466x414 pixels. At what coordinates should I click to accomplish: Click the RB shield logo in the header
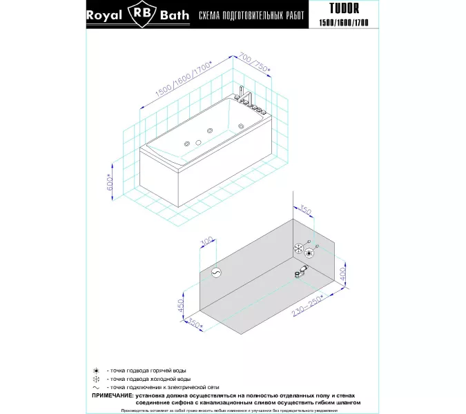click(x=142, y=15)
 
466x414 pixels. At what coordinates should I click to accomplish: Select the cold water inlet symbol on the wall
click(x=299, y=248)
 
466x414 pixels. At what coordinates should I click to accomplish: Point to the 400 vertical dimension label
click(x=341, y=279)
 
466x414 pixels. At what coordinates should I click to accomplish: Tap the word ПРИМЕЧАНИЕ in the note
click(x=114, y=395)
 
